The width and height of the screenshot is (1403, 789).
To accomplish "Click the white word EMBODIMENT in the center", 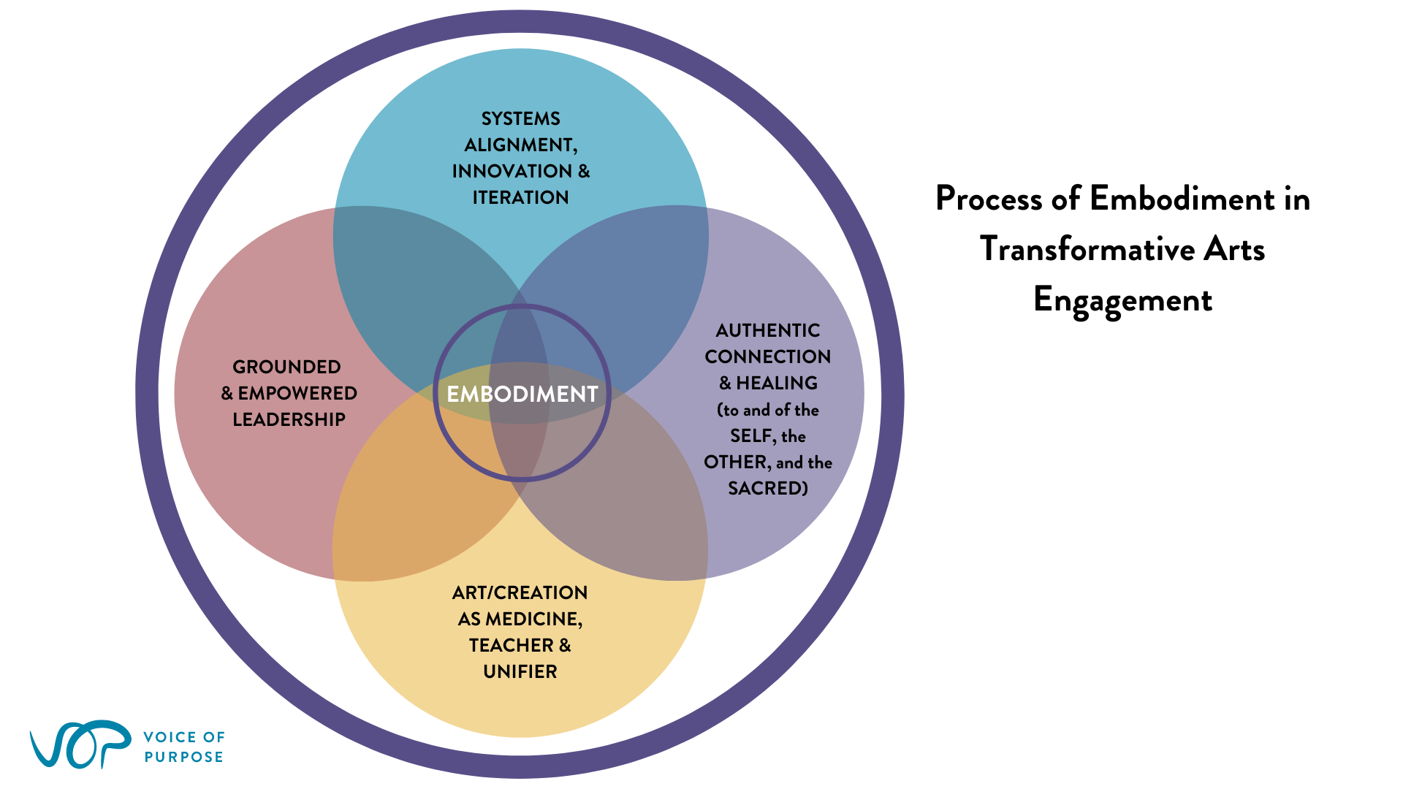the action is tap(522, 394).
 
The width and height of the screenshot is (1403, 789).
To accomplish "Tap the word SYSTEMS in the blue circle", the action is tap(521, 118).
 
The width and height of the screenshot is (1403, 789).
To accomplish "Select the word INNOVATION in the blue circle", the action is tap(512, 171).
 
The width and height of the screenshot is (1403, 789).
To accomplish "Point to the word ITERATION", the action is tap(521, 197).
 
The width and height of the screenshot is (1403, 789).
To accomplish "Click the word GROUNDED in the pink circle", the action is tap(286, 367).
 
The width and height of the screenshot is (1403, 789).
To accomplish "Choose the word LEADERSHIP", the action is tap(289, 419).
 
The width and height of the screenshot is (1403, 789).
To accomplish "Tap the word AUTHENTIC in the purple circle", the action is tap(768, 330).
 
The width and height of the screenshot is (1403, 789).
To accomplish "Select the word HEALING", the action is tap(777, 383).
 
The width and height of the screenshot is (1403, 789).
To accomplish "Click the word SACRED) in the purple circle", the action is tap(768, 488).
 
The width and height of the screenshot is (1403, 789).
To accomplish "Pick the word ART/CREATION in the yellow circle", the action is tap(520, 592).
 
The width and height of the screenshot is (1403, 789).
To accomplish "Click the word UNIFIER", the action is tap(520, 671).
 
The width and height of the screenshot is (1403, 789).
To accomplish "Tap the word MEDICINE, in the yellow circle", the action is tap(534, 620).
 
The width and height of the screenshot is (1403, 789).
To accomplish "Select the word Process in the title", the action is tap(989, 199).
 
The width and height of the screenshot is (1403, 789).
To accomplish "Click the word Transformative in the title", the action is tap(1087, 249).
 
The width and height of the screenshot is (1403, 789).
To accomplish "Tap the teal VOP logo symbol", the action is tap(80, 744).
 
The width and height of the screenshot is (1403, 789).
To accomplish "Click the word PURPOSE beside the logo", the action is tap(184, 757).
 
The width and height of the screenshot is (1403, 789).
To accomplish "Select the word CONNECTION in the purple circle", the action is tap(768, 357).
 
